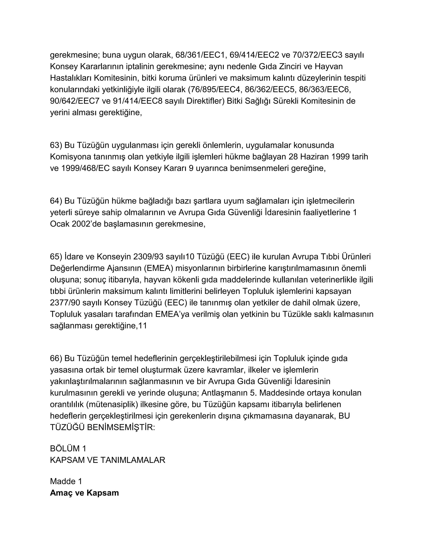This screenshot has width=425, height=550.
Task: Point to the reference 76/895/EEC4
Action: [x=215, y=89]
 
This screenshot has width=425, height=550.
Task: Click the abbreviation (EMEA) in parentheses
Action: [x=159, y=268]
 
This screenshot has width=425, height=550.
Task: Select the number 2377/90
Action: [x=65, y=303]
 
